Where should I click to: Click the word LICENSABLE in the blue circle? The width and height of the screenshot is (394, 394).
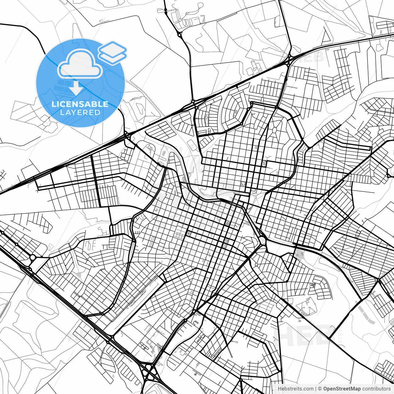click(80, 104)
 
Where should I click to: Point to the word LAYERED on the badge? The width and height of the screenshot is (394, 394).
click(80, 113)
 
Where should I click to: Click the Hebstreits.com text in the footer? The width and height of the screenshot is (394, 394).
click(295, 389)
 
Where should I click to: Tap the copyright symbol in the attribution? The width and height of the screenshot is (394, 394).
click(320, 389)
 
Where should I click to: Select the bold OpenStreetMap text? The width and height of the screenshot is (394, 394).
click(342, 389)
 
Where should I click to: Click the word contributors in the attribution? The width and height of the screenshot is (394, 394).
click(376, 389)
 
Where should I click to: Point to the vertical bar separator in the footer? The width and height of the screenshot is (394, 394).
click(316, 389)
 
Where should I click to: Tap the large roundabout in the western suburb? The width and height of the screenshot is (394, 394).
click(33, 257)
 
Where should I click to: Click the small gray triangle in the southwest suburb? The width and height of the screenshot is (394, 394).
click(79, 274)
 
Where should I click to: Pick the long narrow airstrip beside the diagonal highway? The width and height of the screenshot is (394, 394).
click(135, 305)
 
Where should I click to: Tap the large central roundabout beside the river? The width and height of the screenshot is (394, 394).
click(262, 239)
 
